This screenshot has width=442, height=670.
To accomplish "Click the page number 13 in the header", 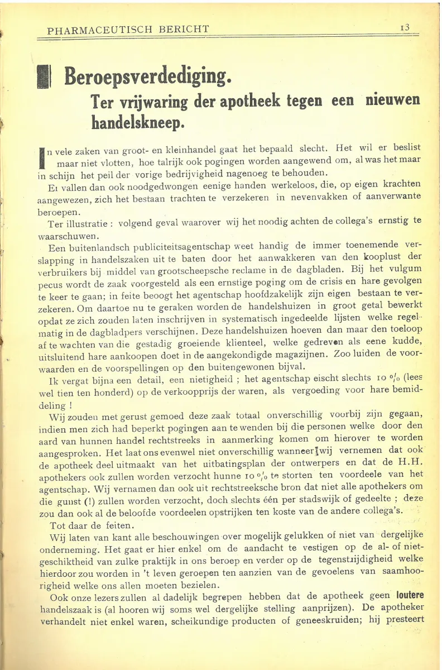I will pos(405,27).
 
